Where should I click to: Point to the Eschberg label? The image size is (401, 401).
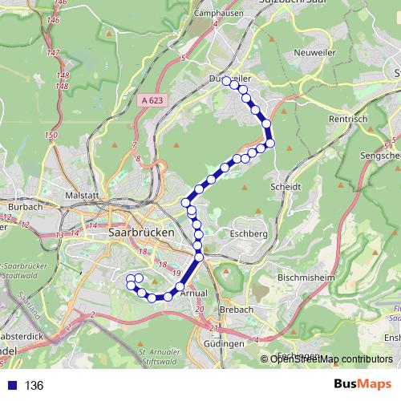click(x=249, y=233)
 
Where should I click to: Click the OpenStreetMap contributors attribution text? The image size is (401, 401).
click(x=331, y=358)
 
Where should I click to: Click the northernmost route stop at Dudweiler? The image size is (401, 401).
click(x=227, y=80)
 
